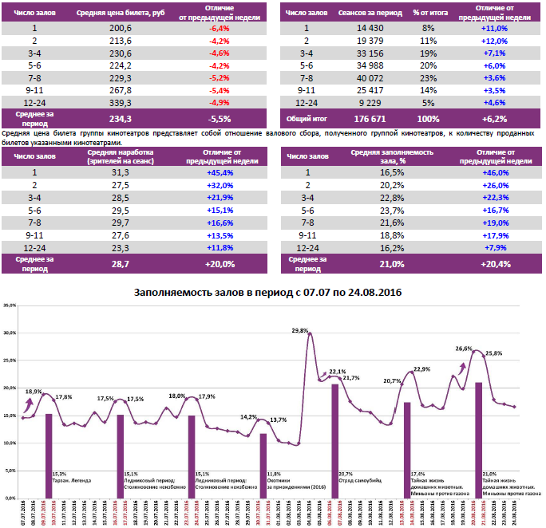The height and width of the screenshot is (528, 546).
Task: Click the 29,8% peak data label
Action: pos(300,330)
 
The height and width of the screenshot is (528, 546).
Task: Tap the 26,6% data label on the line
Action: pos(464,349)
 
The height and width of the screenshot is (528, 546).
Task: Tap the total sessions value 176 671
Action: pos(367,118)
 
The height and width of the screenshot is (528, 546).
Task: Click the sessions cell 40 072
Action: pos(367,77)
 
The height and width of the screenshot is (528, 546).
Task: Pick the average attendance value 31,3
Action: pos(121,171)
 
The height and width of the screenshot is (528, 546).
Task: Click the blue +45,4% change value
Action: pos(218,171)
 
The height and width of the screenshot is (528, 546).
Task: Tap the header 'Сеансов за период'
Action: pos(367,13)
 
